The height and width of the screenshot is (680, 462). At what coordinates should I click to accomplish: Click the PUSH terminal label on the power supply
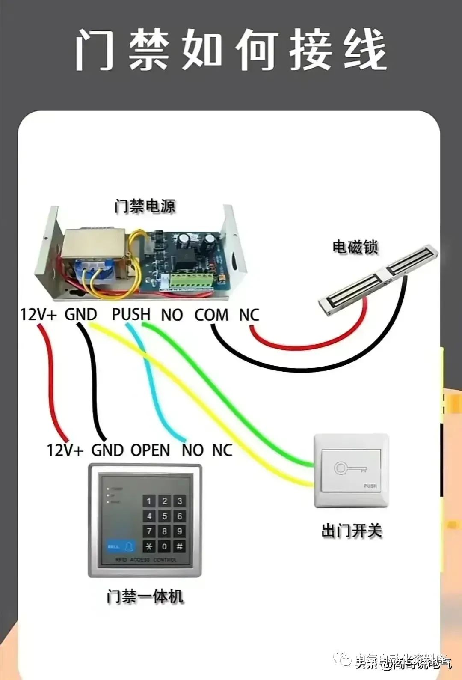pos(131,314)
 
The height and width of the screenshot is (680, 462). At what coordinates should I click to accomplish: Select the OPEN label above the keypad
pos(150,450)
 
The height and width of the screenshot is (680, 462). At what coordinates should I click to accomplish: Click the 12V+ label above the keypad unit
pos(65,450)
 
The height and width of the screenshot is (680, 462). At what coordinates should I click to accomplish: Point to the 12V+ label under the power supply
pos(38,315)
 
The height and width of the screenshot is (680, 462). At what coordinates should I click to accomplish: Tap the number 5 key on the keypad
pos(164,516)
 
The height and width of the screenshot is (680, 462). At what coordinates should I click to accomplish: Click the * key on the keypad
pos(149,546)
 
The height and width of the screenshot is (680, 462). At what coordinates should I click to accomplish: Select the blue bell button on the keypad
pos(121,546)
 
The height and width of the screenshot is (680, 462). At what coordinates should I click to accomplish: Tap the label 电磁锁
pos(355,247)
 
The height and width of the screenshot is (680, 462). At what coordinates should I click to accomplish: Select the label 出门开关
pos(351,531)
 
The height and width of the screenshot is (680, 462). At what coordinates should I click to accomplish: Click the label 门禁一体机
pos(145,596)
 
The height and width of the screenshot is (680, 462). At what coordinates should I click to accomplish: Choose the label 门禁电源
pos(145,206)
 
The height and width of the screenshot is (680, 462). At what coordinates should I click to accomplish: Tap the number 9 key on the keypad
pos(180,531)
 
